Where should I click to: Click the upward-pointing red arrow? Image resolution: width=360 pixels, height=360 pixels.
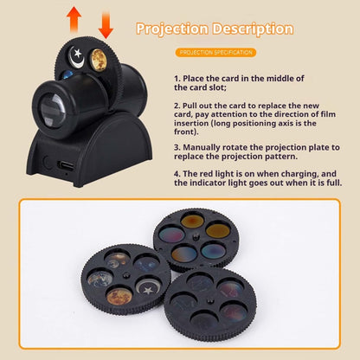point(74,16)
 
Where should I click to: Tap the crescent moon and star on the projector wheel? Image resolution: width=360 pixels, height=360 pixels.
point(78,56)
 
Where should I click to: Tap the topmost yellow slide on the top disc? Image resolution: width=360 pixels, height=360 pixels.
point(193,222)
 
